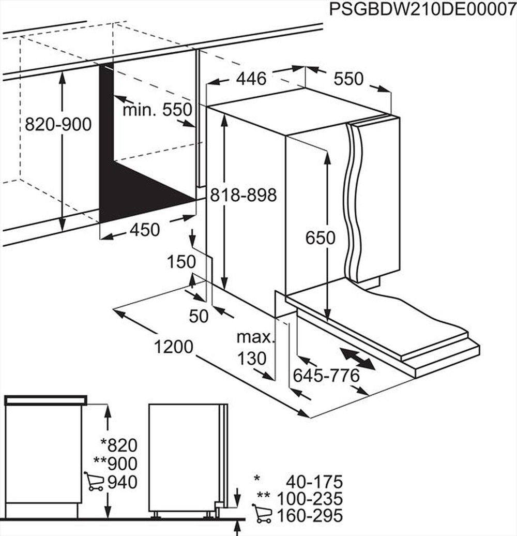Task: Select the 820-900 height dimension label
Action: point(58,124)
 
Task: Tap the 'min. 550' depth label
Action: point(157,110)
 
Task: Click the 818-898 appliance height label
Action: point(244,195)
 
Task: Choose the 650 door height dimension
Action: point(321,237)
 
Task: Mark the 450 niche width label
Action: point(144,229)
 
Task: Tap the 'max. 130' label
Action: point(254,348)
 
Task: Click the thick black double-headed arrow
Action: point(358,359)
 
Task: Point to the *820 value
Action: point(119,444)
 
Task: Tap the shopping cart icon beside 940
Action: point(94,482)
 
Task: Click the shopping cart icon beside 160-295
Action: point(262,515)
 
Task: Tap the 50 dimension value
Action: point(199,316)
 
